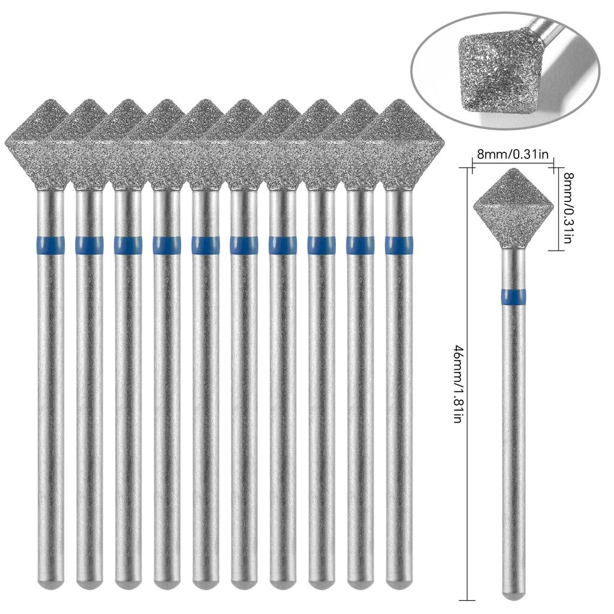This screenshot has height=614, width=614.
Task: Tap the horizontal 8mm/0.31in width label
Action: [x=513, y=154]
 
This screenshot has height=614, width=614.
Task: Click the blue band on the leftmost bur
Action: [x=50, y=245]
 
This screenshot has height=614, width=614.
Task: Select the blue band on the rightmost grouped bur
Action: [x=398, y=245]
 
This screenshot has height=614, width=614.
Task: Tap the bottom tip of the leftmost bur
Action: [x=50, y=582]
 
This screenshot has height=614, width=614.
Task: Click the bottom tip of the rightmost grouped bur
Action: [x=398, y=582]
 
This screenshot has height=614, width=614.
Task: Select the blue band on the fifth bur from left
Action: [x=205, y=245]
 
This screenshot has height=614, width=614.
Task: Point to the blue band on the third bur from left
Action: [x=128, y=245]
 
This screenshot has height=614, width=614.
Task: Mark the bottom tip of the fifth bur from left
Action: [x=205, y=582]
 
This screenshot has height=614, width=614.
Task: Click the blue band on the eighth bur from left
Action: [x=321, y=245]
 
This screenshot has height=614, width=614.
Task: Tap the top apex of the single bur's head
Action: [x=513, y=170]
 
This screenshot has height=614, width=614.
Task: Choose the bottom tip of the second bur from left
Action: [x=89, y=582]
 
